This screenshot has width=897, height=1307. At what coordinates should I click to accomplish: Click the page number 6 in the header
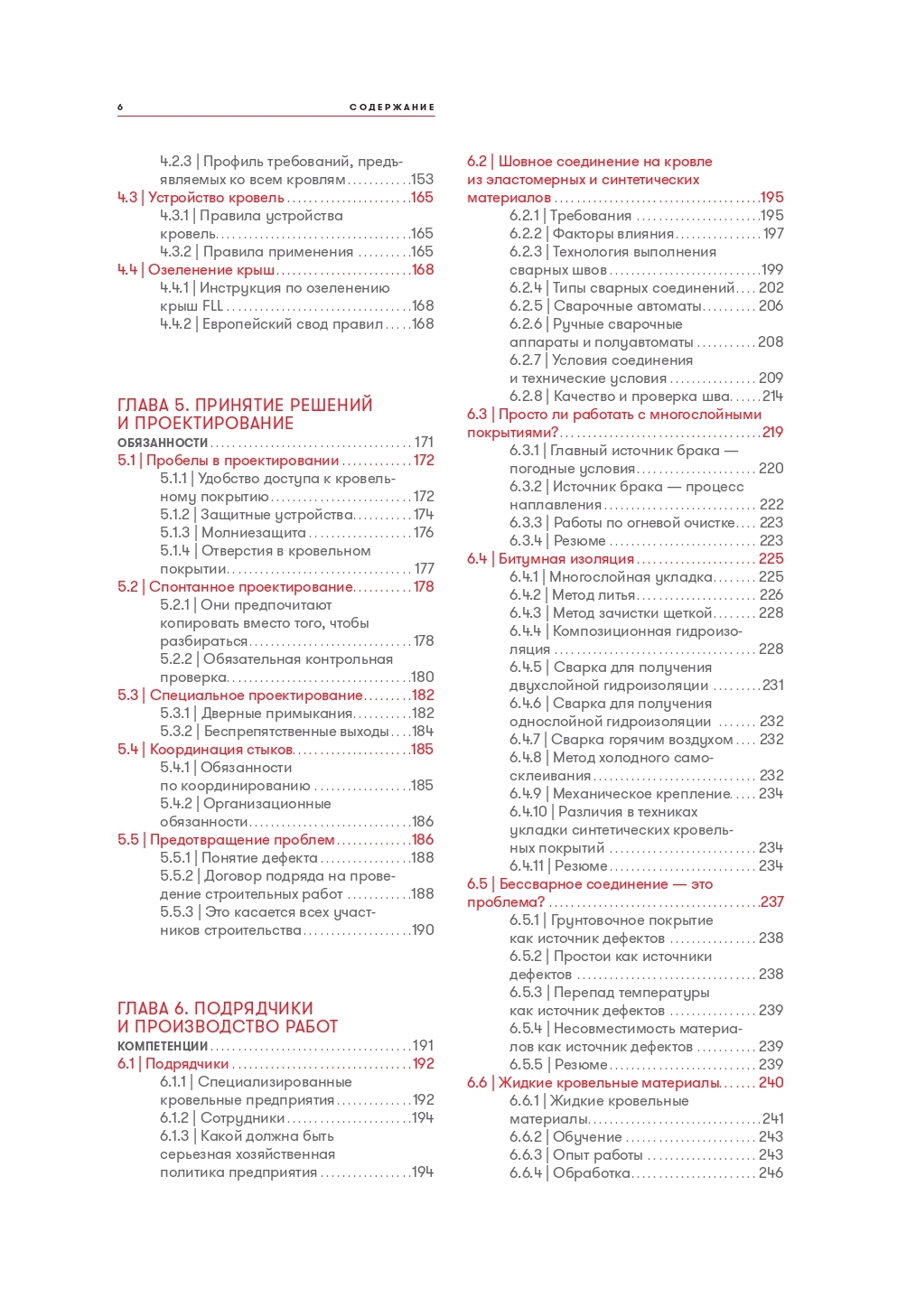[x=120, y=107]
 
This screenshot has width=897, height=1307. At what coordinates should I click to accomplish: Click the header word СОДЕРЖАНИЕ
[x=392, y=107]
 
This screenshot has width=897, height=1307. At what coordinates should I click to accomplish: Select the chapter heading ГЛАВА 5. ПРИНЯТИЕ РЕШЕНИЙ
[x=245, y=406]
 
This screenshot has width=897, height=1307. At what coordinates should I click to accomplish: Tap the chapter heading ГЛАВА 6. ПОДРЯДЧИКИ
[x=215, y=1008]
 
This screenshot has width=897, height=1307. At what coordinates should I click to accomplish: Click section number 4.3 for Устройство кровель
[x=127, y=198]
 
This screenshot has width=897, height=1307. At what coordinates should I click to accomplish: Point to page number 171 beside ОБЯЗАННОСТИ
[x=424, y=443]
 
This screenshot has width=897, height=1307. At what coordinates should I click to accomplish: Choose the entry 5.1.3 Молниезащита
[x=233, y=533]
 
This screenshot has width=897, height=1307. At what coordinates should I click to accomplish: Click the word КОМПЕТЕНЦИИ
[x=163, y=1046]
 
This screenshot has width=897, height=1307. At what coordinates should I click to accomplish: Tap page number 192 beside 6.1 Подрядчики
[x=423, y=1064]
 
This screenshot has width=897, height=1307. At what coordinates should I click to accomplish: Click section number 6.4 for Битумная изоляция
[x=477, y=559]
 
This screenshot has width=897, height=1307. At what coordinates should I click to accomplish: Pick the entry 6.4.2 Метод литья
[x=572, y=595]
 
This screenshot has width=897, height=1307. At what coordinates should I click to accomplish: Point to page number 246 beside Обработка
[x=771, y=1173]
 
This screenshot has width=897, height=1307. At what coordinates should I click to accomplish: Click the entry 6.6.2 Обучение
[x=565, y=1137]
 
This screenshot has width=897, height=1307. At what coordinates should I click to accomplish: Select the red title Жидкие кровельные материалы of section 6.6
[x=609, y=1083]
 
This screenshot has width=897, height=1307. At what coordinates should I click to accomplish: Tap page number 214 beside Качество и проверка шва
[x=772, y=397]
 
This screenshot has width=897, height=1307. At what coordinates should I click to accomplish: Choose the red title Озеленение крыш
[x=211, y=270]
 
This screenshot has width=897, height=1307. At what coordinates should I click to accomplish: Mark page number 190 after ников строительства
[x=423, y=930]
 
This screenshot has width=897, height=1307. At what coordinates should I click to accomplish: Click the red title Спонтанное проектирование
[x=250, y=587]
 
